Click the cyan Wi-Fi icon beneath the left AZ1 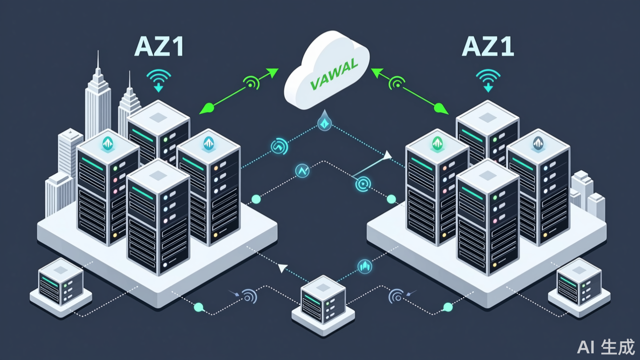pos(159,80)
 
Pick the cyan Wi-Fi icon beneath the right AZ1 pos(488,80)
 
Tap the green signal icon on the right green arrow pos(397,82)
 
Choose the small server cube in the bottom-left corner pos(61,284)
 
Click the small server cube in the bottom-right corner pos(579,284)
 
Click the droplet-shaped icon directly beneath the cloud pos(324,121)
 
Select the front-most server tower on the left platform pos(158,218)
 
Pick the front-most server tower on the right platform pos(488,218)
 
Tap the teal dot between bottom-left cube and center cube pos(199,307)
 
